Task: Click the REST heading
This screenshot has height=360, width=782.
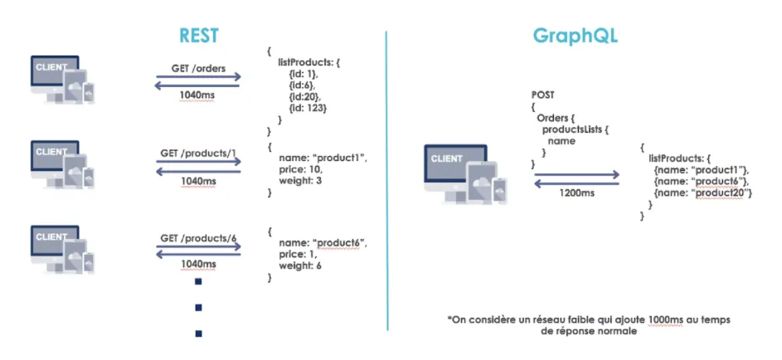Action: (200, 36)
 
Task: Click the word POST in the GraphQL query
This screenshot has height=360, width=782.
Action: (544, 95)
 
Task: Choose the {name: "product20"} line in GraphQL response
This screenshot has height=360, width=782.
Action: (702, 192)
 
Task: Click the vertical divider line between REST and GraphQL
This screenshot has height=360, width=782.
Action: (387, 178)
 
